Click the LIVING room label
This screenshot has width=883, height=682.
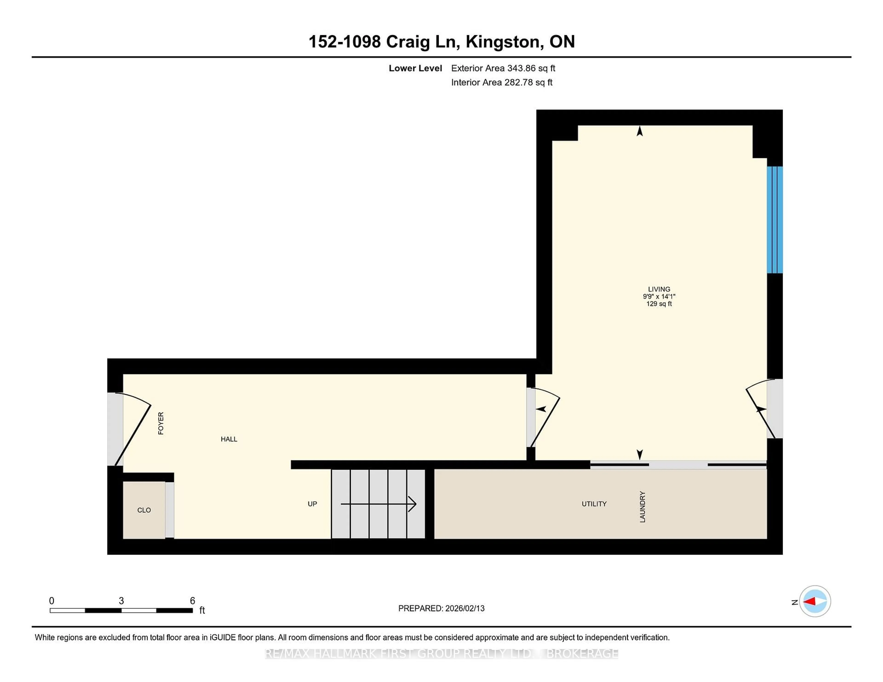[659, 289]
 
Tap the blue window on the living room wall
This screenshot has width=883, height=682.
[775, 220]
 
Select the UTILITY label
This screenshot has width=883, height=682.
[594, 504]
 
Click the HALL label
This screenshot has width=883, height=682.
[229, 439]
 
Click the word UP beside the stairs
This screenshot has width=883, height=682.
[312, 504]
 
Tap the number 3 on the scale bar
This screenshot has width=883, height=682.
[121, 601]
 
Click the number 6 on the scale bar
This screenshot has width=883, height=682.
[192, 601]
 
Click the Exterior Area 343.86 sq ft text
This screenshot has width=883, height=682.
[503, 68]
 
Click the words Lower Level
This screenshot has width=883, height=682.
[415, 68]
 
